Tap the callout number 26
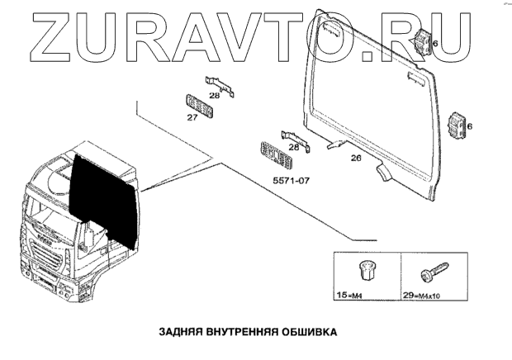point(356,158)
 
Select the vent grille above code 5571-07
point(274,154)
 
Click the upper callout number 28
point(214,96)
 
